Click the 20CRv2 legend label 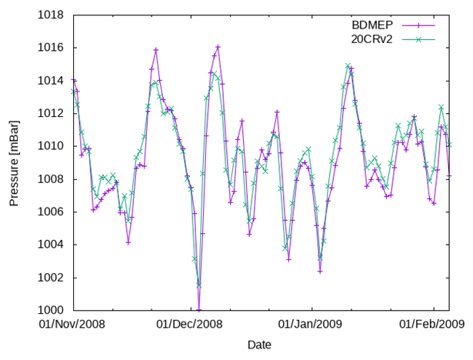(x=368, y=38)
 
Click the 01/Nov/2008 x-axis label (x=72, y=325)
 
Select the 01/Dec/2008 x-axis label (x=189, y=325)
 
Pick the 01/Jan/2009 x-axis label (x=310, y=325)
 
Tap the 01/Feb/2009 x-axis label (x=431, y=325)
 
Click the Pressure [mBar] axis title (x=15, y=163)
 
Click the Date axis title (x=259, y=345)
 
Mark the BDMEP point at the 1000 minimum (x=199, y=310)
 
